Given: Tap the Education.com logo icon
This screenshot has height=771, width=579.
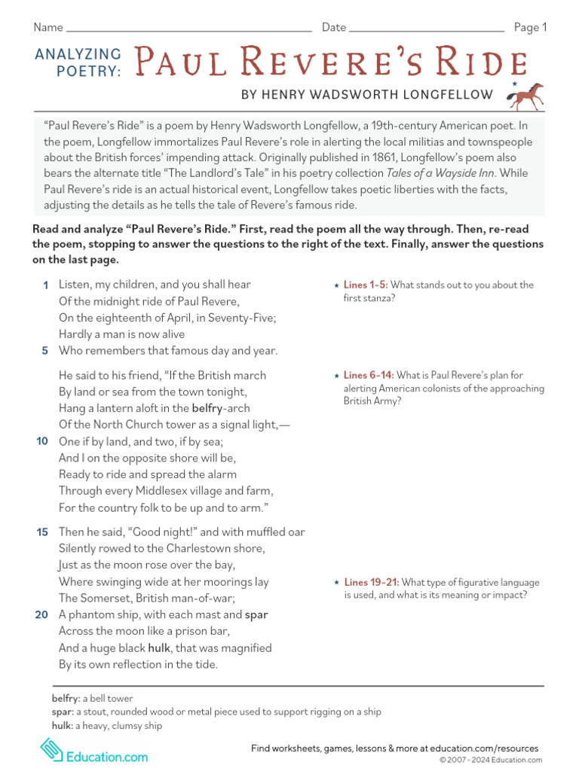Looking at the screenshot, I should point(51,749).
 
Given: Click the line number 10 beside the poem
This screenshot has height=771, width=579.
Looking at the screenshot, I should point(42,441).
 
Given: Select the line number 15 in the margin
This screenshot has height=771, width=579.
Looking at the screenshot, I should point(42,532).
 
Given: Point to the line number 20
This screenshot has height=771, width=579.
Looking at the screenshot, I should point(42,614).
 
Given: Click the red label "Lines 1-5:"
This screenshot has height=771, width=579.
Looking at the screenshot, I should point(366,285).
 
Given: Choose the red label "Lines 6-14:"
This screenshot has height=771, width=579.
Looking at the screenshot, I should point(368,376).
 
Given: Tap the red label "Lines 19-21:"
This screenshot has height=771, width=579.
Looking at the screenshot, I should point(371,583).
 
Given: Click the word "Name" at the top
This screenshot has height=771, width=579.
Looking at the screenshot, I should point(47,28).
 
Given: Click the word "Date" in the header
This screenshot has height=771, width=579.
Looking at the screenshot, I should point(334,28).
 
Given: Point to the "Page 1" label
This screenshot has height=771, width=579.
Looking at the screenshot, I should point(530,28).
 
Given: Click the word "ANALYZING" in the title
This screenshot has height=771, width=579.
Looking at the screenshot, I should point(78,54).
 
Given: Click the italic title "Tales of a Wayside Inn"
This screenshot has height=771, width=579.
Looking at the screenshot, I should point(445,172).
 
